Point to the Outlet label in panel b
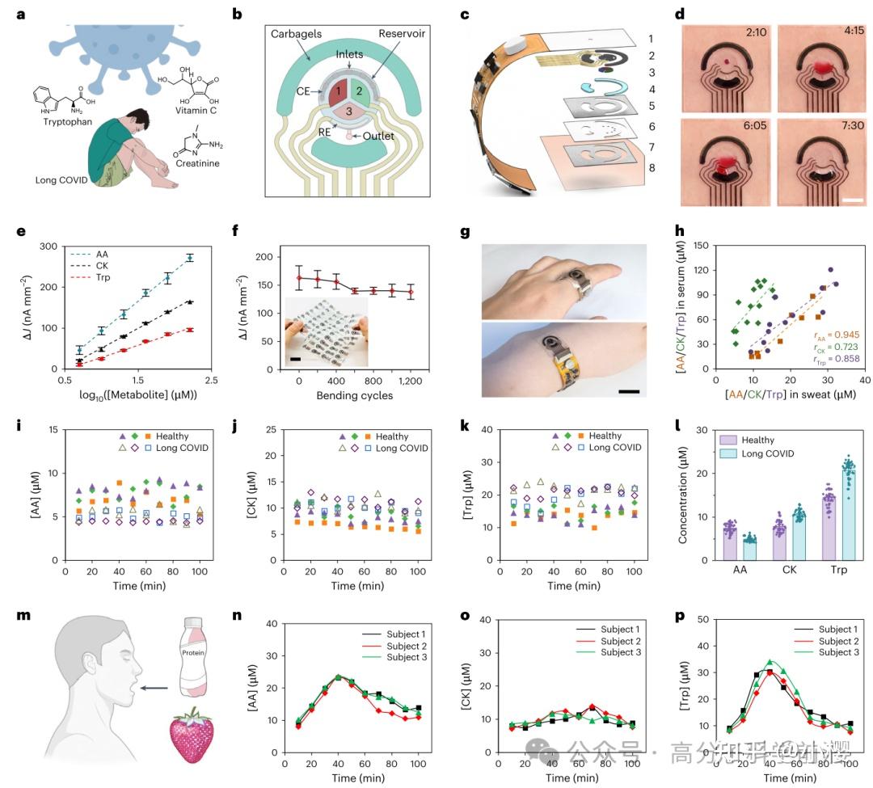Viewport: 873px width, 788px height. [377, 136]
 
